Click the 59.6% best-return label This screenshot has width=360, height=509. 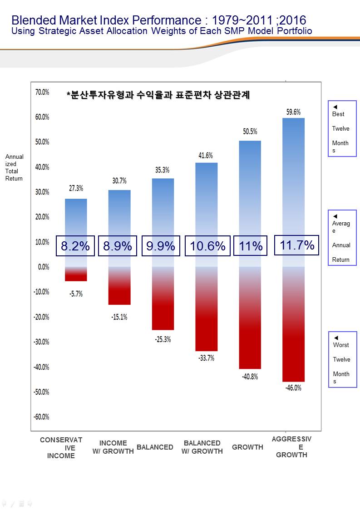[293, 112]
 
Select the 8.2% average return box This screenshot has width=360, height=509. [75, 246]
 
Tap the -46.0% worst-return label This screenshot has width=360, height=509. [293, 388]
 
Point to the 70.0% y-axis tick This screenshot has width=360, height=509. [42, 92]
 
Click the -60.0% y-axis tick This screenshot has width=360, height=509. [41, 417]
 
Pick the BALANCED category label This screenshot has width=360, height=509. [155, 447]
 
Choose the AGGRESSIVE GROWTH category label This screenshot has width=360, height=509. [291, 447]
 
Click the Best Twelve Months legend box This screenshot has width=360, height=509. [342, 128]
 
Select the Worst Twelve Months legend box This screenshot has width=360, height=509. [342, 359]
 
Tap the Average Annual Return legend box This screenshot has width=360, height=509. [342, 238]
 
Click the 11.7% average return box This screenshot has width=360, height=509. [297, 245]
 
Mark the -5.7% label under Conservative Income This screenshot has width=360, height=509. [76, 294]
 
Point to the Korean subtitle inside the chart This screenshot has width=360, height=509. [158, 95]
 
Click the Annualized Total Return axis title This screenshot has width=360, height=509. [15, 167]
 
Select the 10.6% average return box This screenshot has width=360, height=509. [207, 246]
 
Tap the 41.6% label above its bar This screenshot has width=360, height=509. [206, 156]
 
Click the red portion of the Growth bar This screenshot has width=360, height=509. [250, 336]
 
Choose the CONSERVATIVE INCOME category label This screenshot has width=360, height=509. [61, 448]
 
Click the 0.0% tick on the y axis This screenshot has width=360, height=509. [43, 267]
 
